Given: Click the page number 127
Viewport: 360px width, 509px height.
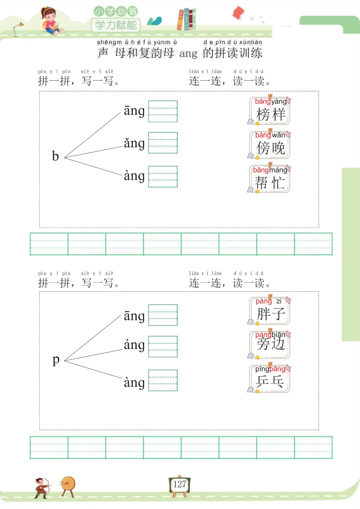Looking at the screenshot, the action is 180,484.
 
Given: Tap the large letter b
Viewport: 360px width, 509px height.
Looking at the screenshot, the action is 55,156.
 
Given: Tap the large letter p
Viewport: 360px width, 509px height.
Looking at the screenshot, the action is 56,360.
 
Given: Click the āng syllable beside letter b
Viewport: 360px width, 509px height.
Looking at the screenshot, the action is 134,111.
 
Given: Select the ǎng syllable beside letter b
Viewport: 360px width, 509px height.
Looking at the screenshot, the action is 134,143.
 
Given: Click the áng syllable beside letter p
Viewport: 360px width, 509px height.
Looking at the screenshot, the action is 134,345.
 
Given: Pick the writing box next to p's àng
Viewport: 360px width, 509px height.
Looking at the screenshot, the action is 163,380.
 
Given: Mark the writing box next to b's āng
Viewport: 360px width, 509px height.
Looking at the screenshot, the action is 163,111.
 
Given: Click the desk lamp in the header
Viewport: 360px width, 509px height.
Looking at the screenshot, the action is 18,29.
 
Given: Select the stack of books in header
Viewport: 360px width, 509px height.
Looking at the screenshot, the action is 186,19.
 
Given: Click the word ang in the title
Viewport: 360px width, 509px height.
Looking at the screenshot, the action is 188,54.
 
